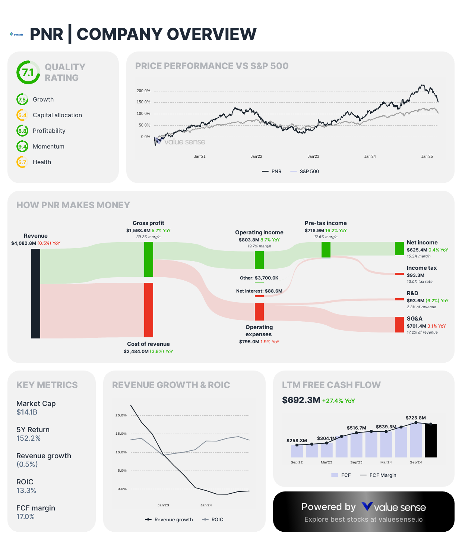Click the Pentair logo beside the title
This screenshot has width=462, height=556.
[x=16, y=34]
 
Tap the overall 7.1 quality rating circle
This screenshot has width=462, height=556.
[x=28, y=72]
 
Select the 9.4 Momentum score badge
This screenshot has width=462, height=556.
[x=22, y=147]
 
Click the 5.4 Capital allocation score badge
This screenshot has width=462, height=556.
[x=22, y=115]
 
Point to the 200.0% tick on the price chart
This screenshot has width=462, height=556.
[x=143, y=91]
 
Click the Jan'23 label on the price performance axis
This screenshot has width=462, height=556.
[x=313, y=156]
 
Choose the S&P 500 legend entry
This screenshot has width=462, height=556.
[x=305, y=171]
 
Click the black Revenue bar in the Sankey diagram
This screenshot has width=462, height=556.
[x=36, y=293]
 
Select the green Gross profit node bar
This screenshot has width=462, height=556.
[x=149, y=259]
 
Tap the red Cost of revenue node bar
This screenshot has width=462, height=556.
[x=149, y=310]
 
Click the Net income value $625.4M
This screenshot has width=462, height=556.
[x=417, y=250]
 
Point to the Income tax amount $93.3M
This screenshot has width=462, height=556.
[x=415, y=275]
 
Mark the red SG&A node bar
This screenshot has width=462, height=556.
[x=399, y=325]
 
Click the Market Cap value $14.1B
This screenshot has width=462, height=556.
[x=27, y=412]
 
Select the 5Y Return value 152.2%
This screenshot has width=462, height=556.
[x=29, y=438]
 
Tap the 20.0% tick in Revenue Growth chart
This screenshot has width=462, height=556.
[x=121, y=415]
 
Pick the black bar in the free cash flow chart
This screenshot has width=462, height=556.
[x=431, y=441]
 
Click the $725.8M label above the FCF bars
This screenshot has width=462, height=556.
[x=415, y=418]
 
